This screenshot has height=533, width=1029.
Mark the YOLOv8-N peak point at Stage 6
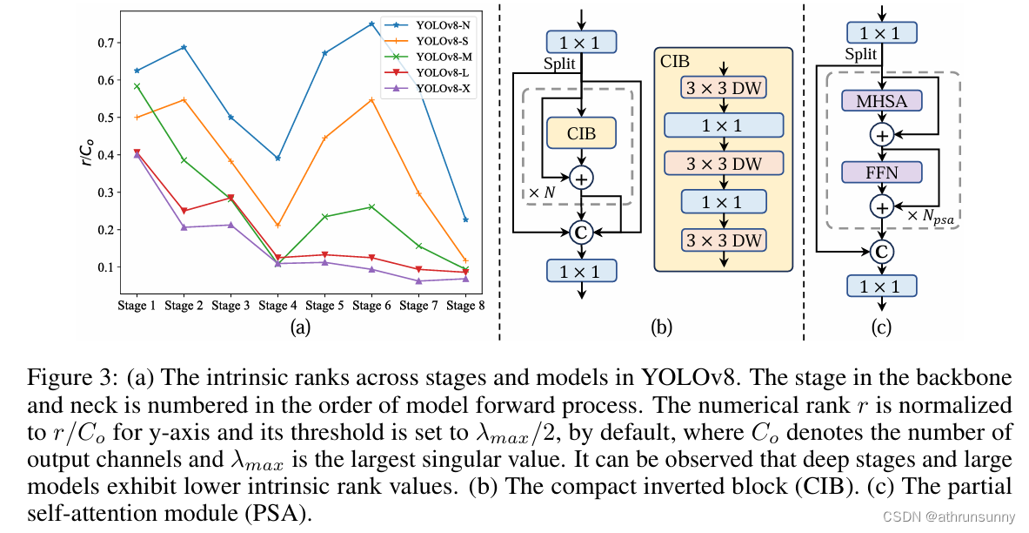(x=371, y=24)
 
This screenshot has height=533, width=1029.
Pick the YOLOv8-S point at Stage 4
(x=277, y=226)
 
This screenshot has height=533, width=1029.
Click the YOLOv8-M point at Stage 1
(x=137, y=86)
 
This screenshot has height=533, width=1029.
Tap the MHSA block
(x=882, y=102)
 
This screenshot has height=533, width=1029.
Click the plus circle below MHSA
(x=882, y=135)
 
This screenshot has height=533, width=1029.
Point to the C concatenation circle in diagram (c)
(x=882, y=252)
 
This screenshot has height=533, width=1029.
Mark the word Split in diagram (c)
(x=861, y=55)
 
